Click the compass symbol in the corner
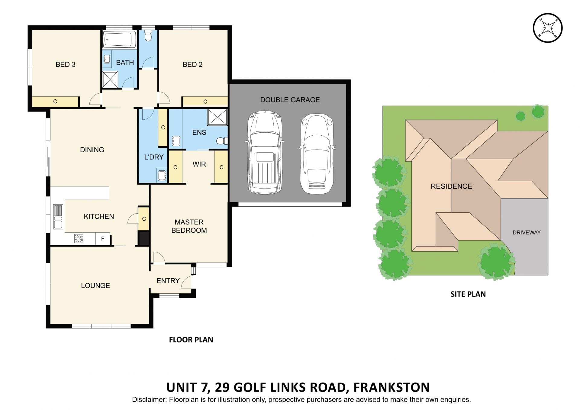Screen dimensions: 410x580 [547, 28]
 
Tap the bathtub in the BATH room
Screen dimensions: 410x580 [119, 39]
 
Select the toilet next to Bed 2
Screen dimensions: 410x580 [148, 36]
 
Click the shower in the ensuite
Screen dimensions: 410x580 [217, 117]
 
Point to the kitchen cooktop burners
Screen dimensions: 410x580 [79, 239]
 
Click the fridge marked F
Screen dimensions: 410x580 [103, 239]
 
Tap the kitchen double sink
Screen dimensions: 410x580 [58, 217]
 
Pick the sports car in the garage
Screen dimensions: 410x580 [317, 153]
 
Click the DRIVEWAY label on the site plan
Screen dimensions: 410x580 [526, 232]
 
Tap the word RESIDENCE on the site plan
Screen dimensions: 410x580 [451, 186]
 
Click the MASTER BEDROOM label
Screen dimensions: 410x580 [189, 226]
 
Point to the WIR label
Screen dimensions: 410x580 [199, 164]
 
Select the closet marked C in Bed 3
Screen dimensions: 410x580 [55, 102]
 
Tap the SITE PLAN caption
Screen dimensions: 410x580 [468, 294]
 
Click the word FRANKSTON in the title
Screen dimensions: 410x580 [391, 387]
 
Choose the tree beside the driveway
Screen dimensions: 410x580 [496, 261]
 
